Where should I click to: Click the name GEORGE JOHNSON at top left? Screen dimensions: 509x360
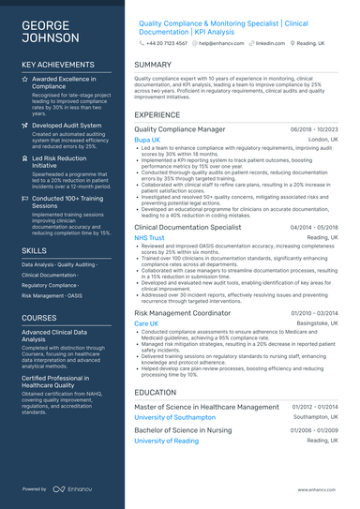point(50,30)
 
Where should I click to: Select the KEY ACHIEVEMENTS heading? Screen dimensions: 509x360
point(60,65)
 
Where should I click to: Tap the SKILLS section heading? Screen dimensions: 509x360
point(35,251)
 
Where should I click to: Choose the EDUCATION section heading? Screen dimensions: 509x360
point(156,393)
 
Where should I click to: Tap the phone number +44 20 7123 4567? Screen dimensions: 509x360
point(168,43)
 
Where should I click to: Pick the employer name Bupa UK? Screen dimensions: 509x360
point(147,139)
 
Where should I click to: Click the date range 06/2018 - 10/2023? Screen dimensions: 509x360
point(314,128)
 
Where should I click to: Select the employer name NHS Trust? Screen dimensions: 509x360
point(149,238)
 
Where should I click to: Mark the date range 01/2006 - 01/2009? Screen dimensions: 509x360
point(314,429)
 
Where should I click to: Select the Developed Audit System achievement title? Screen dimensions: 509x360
point(67,124)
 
